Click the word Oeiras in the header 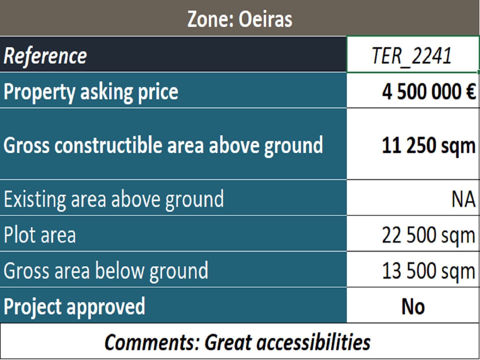[x=265, y=19]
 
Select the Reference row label [x=45, y=56]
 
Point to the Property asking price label [x=91, y=92]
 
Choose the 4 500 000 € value [x=429, y=92]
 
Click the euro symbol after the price [x=470, y=92]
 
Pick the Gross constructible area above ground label [x=163, y=146]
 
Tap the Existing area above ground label [x=114, y=199]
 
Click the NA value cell [x=463, y=199]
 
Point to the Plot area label [x=40, y=235]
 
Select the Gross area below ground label [x=106, y=271]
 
